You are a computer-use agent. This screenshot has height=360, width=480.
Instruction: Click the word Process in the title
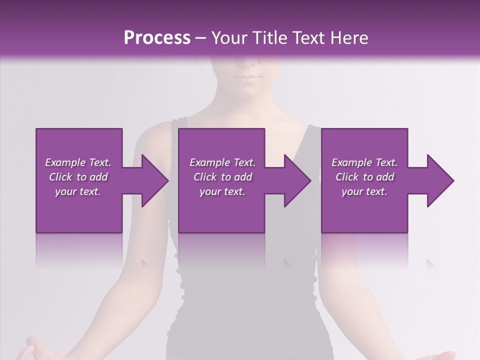(157, 38)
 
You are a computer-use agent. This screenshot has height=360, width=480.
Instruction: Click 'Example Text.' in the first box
(78, 162)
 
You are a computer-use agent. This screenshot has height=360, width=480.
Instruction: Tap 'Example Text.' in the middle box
(222, 162)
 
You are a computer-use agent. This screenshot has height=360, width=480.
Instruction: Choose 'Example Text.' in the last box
(364, 162)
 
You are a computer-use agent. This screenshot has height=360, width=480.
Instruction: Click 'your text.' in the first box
(78, 191)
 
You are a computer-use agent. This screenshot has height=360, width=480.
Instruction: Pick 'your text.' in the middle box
(222, 191)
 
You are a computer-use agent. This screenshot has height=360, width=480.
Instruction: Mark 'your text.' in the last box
(364, 191)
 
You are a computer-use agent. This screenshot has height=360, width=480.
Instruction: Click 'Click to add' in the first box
(78, 177)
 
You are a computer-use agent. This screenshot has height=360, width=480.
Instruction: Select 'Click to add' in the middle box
(222, 177)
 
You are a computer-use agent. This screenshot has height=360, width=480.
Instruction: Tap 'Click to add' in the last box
(364, 177)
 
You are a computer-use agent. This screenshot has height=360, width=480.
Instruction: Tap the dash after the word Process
(201, 38)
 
